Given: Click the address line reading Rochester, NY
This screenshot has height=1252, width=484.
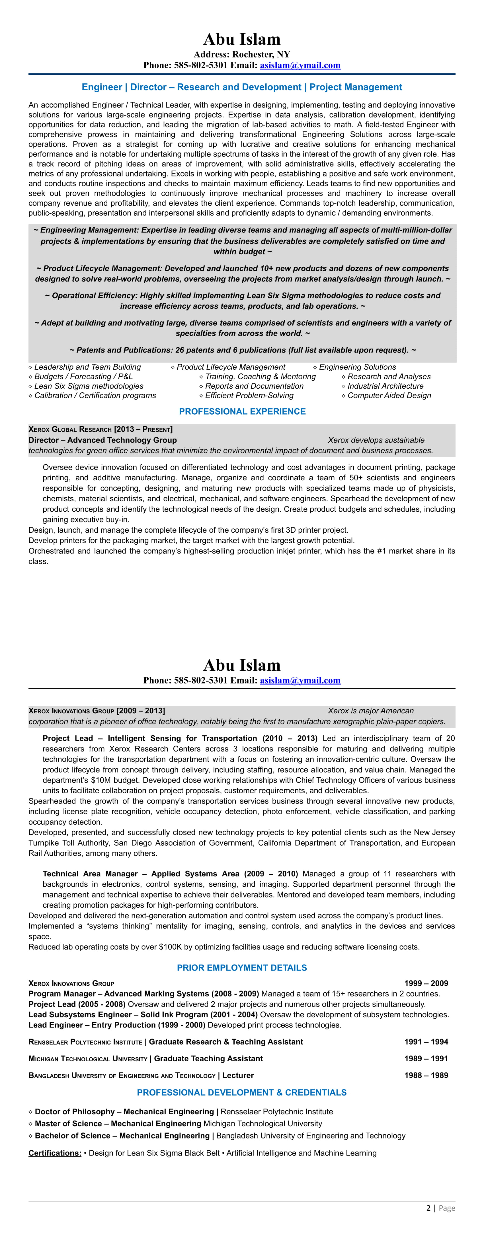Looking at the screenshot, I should (x=242, y=54).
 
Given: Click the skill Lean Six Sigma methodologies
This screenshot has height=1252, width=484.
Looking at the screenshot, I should (x=89, y=386).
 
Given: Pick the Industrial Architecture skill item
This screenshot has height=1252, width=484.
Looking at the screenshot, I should (x=385, y=386).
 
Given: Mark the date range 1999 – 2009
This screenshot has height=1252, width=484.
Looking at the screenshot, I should (x=426, y=983).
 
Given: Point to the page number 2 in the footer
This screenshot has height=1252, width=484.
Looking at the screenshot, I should (x=428, y=1208).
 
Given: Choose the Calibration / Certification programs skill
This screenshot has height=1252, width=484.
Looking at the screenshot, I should (x=95, y=395).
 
